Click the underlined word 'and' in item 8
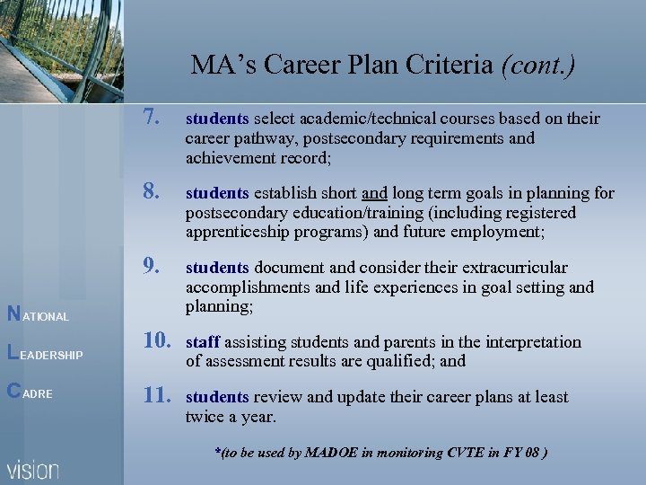(375, 192)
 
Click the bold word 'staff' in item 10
(203, 342)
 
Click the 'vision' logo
(34, 470)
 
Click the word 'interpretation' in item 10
(533, 342)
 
